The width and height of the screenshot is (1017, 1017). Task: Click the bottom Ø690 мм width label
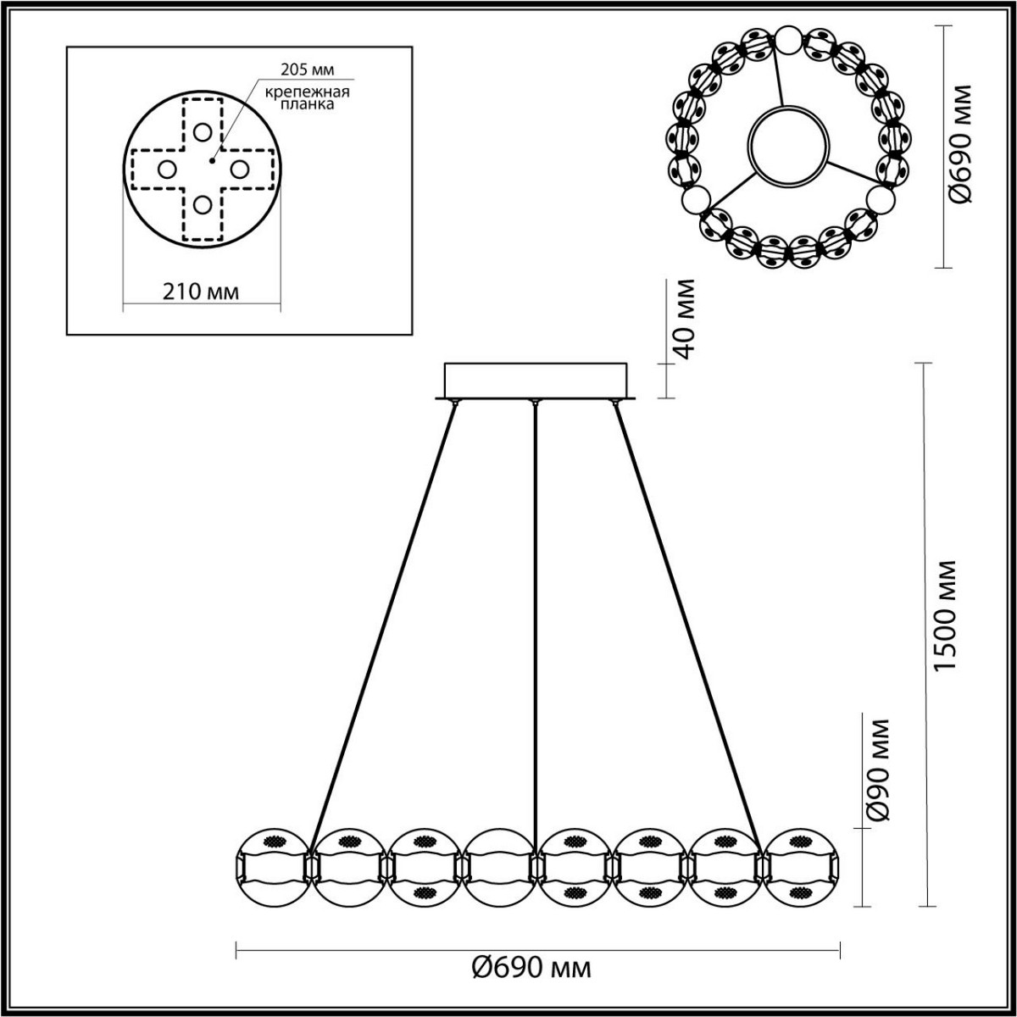[531, 966]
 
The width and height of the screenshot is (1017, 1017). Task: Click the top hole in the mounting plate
[201, 132]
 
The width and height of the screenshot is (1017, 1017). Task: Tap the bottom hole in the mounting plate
[201, 204]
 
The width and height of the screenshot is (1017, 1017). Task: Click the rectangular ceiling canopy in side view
[536, 379]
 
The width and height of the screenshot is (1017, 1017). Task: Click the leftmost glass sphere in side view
[271, 866]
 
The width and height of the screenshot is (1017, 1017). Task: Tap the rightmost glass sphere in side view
[798, 866]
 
